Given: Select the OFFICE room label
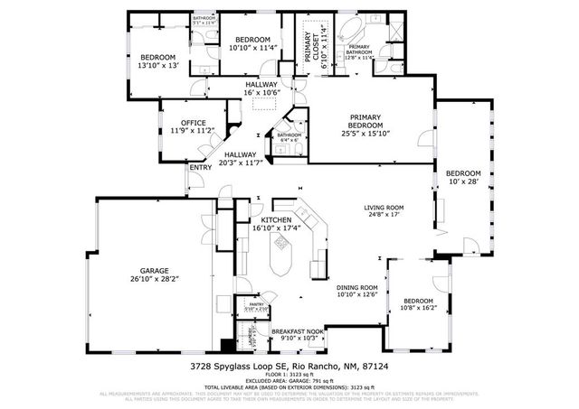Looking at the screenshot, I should point(193,123).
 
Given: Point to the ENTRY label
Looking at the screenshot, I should point(200,167).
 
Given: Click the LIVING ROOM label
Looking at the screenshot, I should point(384,207).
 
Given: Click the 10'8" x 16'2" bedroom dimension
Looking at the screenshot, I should point(418,309).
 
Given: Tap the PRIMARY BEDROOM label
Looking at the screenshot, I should point(375,122).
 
